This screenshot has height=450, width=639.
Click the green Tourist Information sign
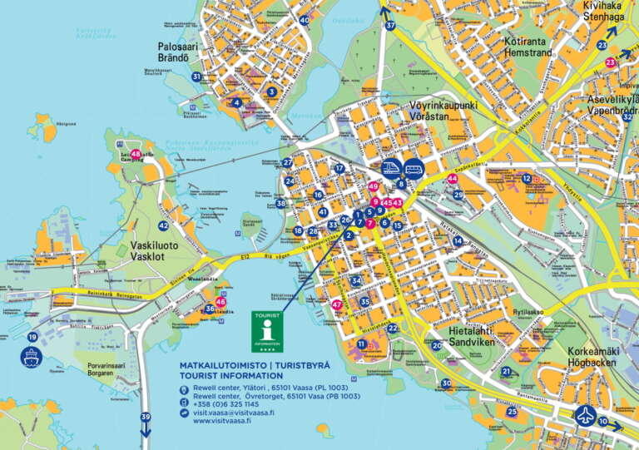267,331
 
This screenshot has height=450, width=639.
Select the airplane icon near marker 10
586,414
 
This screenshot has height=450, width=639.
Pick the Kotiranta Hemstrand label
528,46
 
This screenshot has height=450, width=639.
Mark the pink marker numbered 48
136,154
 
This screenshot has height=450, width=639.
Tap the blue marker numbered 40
305,20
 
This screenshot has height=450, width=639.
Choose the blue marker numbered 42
163,225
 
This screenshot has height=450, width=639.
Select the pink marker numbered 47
337,304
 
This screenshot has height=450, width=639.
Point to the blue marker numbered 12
527,178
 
